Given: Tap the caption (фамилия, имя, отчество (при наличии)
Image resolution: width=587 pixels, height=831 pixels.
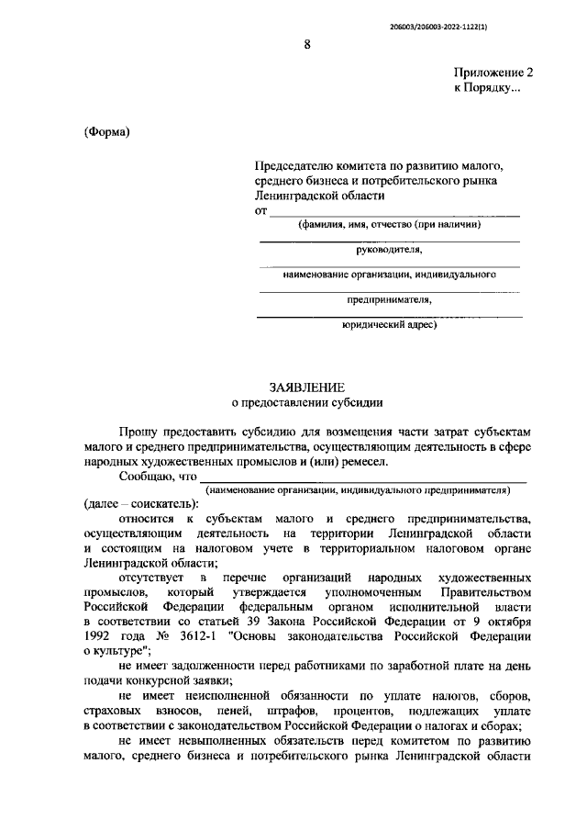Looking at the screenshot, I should point(389,225).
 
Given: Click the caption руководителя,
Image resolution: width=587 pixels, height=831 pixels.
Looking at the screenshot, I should point(389,249).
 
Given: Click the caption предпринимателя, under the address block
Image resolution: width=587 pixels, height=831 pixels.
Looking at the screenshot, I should point(389,298).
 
